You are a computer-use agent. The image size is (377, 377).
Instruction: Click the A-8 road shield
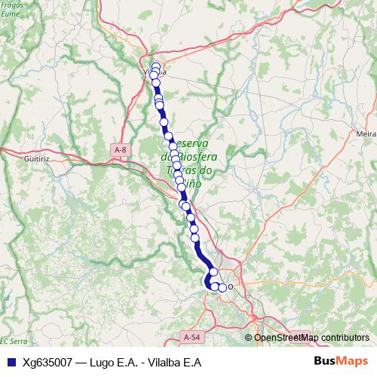120,150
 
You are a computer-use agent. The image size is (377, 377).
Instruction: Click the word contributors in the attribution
345,338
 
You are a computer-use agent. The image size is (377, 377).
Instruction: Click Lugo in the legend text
100,362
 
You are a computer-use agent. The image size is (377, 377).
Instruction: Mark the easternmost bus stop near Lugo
222,287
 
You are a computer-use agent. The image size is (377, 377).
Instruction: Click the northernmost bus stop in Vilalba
156,66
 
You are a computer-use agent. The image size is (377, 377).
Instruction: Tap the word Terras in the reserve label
179,171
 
